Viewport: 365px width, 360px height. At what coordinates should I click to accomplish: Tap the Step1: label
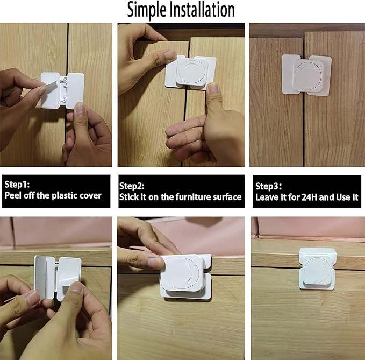18,185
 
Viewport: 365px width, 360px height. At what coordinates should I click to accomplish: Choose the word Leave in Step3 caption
267,197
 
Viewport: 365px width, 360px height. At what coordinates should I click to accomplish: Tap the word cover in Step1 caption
90,195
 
